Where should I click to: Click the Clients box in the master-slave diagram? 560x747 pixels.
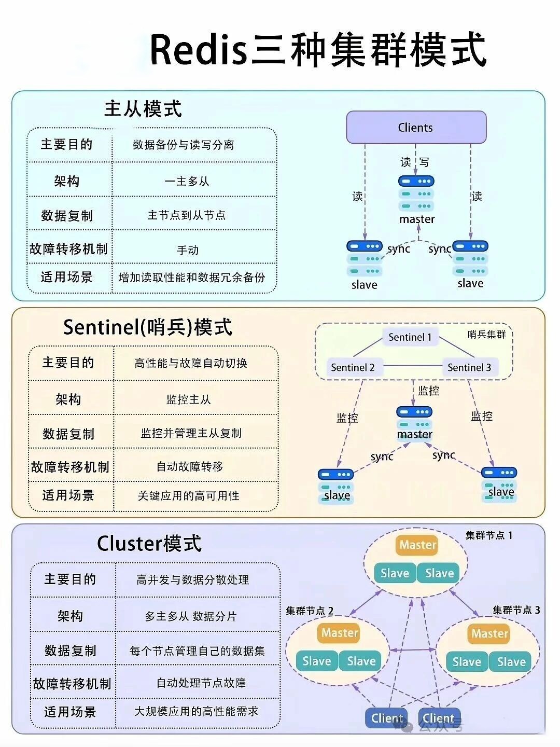click(416, 127)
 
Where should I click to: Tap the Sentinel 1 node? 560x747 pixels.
click(410, 337)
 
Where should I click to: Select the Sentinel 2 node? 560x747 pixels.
click(353, 367)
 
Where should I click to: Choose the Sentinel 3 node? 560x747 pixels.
click(469, 367)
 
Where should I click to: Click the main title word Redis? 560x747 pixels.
click(198, 50)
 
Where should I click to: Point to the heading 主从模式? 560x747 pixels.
click(143, 109)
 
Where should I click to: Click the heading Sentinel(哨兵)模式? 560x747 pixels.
click(148, 327)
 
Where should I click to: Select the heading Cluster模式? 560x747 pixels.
click(149, 543)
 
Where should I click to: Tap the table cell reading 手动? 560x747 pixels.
click(188, 250)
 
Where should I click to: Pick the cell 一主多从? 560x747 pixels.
click(187, 182)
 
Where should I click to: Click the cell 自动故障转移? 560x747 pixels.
click(190, 467)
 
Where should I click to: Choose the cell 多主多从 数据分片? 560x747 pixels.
click(191, 616)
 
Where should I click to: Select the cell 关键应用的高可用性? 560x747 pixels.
click(189, 496)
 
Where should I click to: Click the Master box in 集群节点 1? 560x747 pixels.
click(418, 545)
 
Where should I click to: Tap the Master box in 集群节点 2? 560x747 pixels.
click(340, 633)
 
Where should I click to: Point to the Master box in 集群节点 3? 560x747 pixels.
click(490, 633)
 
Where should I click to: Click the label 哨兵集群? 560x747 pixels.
click(486, 335)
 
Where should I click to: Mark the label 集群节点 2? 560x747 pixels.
click(310, 611)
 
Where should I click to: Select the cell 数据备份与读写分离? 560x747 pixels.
click(184, 145)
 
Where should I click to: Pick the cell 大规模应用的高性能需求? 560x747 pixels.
click(196, 711)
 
